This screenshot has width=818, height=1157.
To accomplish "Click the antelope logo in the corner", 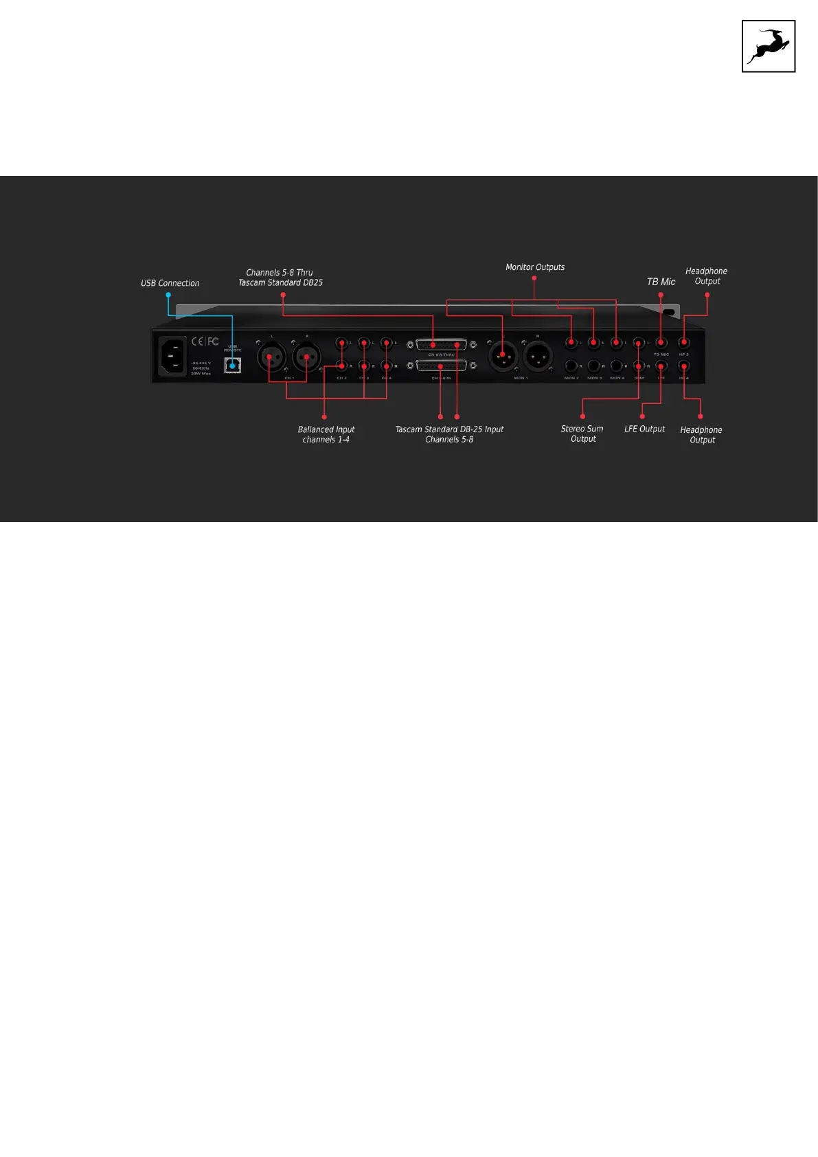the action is pos(769,46).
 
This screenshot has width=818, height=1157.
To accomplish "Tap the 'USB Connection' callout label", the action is pos(170,283).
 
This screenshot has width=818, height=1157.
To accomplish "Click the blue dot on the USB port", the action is pos(233,366).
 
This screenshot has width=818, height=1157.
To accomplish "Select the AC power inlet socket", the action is pos(172,356).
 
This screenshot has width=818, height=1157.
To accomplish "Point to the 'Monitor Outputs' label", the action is pos(535,267).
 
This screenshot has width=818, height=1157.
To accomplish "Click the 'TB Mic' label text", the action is pos(661,282).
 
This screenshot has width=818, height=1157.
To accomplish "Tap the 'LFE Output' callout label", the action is pos(644,429).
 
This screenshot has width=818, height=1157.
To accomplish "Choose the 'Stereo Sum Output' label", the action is pos(582,434).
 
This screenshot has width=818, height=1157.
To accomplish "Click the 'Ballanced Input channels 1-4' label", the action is pos(326,434).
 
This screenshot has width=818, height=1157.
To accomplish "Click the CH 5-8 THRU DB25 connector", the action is pos(441,345).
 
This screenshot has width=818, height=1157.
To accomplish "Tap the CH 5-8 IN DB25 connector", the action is pos(441,366).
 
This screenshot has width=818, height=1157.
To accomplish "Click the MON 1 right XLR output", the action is pos(538,356).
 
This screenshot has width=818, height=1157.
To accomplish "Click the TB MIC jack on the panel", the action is pos(661,343).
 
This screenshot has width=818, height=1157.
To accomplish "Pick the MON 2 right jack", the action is pos(571,366).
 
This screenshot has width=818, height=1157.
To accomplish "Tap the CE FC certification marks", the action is pos(205,341).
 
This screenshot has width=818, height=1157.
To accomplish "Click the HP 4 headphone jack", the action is pos(684,366).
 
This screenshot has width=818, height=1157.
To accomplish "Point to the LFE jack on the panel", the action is pos(661,366).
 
